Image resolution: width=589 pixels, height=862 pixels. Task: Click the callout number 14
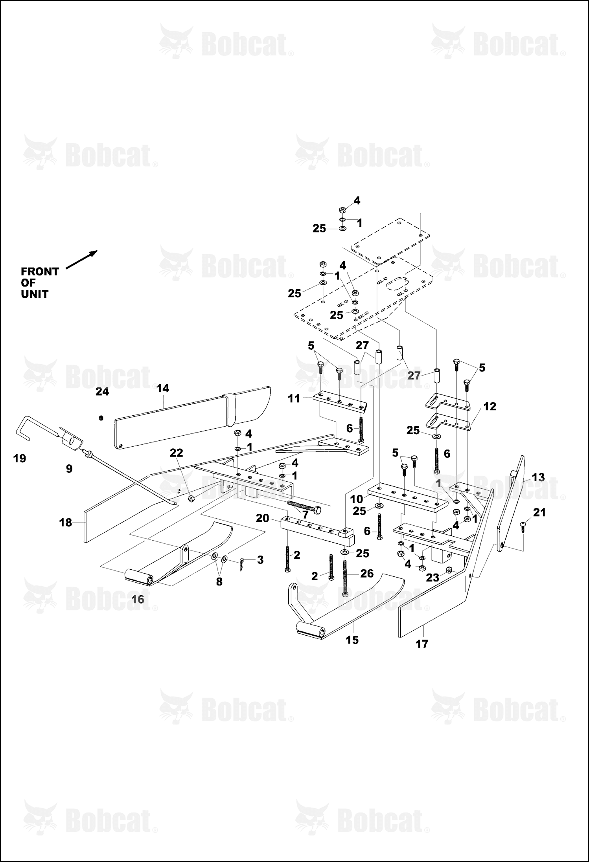tap(163, 388)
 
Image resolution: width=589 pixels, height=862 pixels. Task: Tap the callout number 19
tap(20, 458)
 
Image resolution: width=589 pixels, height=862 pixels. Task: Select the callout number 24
tap(102, 391)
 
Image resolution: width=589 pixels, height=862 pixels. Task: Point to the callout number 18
tap(66, 523)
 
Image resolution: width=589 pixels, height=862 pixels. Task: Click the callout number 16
tap(138, 600)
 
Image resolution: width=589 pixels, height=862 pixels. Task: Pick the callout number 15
tap(352, 640)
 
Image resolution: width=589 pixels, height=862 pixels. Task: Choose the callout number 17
tap(422, 644)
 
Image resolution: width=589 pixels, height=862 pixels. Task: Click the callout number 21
tap(539, 512)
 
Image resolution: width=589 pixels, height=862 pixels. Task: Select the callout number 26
tap(367, 573)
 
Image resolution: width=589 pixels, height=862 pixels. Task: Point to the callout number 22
tap(177, 453)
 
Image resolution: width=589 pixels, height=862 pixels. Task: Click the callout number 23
tap(433, 578)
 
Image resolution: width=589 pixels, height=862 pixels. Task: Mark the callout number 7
tap(305, 515)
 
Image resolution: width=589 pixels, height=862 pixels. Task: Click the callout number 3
tap(260, 560)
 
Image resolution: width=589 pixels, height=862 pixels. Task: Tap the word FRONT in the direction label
tap(40, 271)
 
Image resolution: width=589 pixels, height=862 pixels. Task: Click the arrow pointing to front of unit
tap(81, 260)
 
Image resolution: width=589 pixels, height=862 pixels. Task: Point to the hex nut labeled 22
tap(190, 499)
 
